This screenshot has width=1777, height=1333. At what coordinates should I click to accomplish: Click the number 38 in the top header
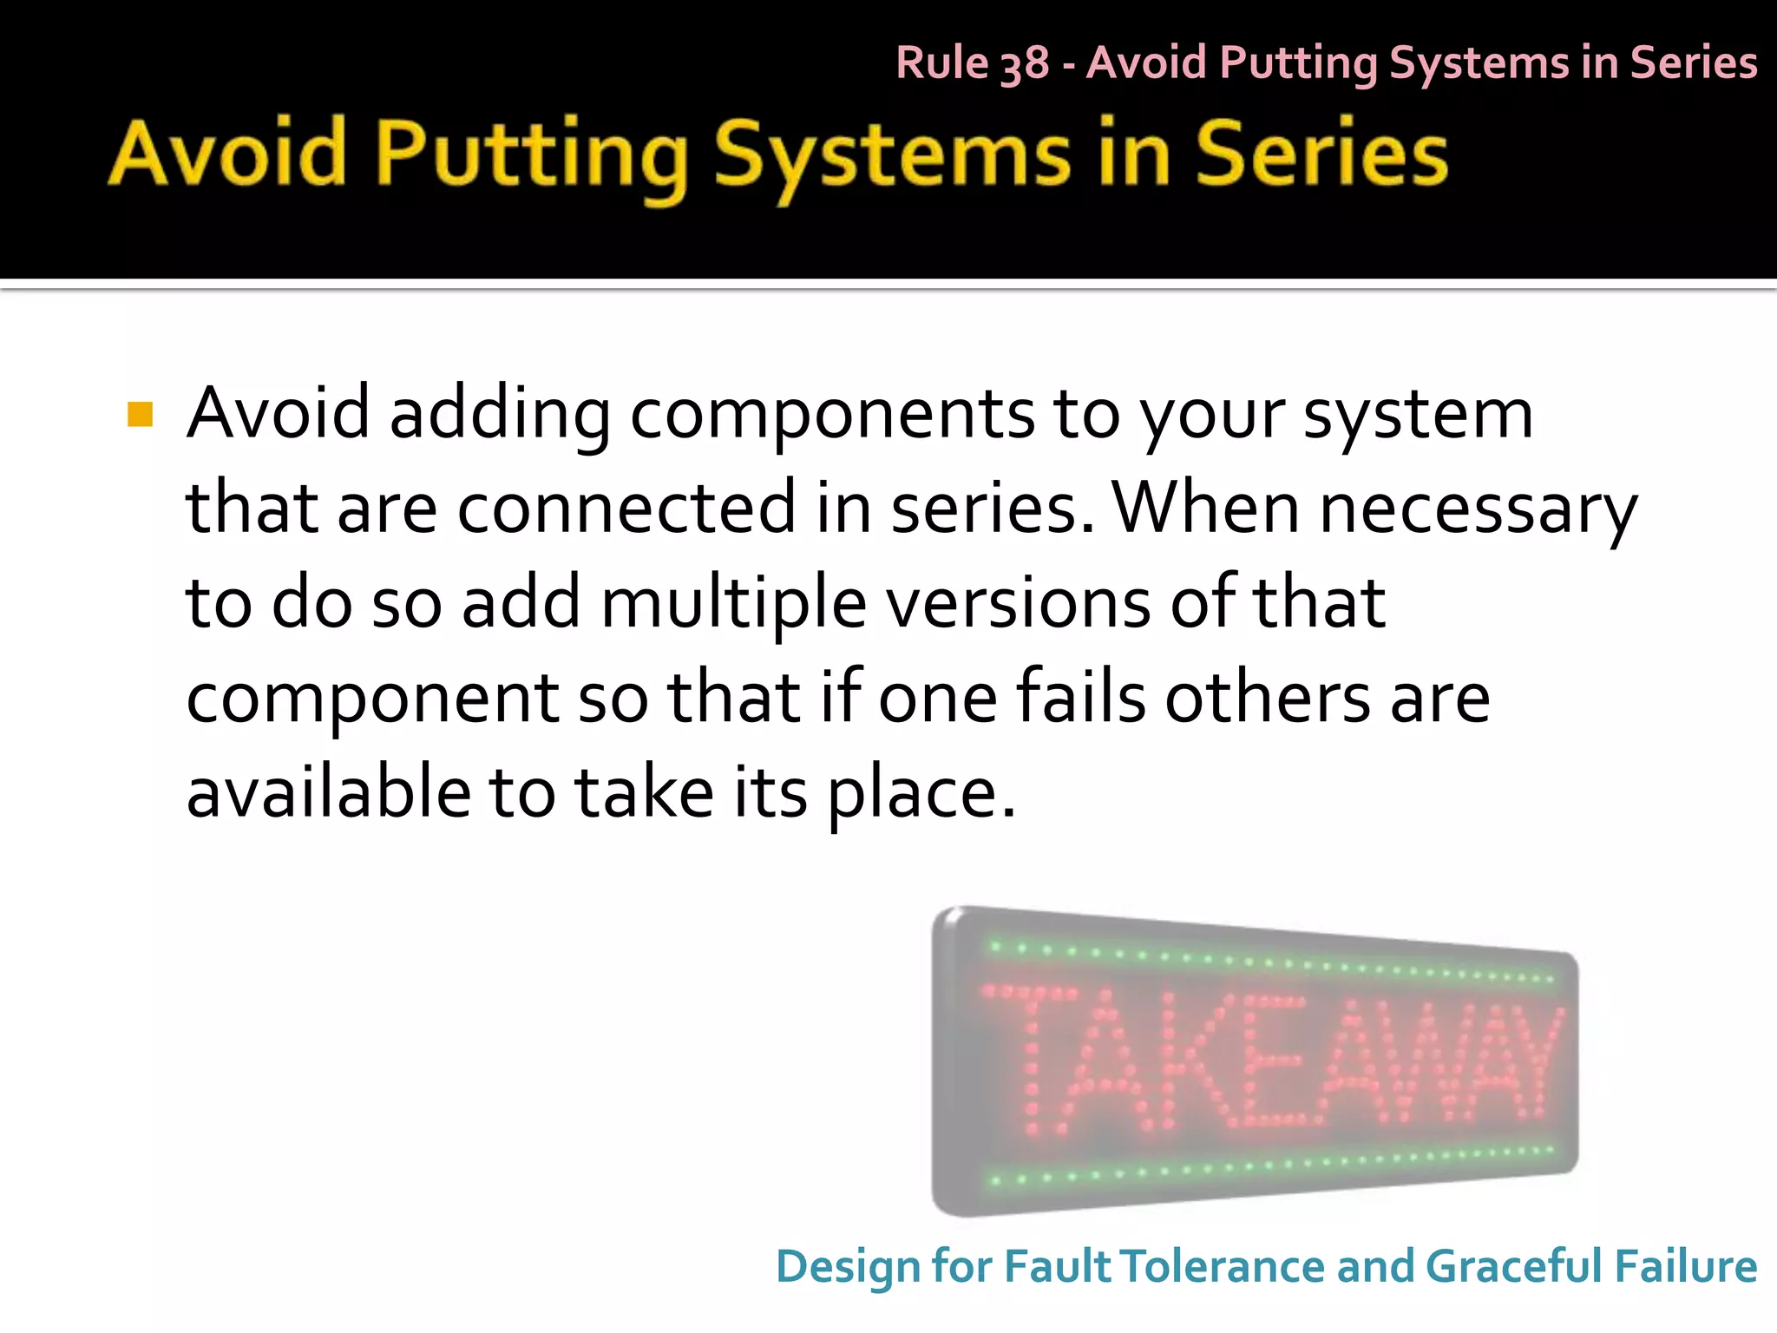[1024, 64]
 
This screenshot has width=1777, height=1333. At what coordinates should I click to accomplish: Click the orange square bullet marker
[140, 414]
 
